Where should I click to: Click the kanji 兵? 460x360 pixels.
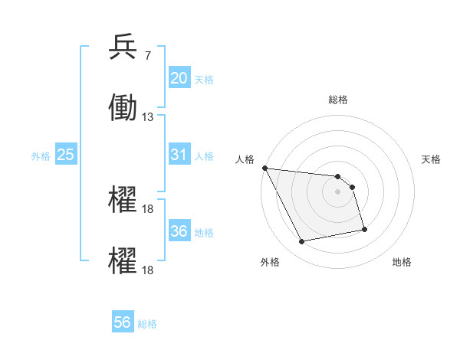123,48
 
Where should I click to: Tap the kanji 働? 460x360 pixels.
123,107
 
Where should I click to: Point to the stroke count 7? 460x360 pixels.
147,56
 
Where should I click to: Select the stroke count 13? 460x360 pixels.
147,117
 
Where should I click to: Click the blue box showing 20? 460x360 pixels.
179,78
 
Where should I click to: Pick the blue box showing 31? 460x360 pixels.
179,155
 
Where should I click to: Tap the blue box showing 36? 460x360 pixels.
179,231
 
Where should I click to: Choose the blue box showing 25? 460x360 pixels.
65,155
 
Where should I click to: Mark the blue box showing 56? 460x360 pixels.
123,322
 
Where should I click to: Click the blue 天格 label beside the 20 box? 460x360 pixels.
204,80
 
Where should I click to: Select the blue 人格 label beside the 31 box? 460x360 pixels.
204,156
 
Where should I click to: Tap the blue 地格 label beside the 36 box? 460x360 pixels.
204,233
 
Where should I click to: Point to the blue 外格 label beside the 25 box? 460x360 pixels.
41,156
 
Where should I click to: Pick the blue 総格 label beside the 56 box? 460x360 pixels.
147,324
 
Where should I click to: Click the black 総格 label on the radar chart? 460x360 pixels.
338,100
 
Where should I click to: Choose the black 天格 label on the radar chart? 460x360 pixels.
432,159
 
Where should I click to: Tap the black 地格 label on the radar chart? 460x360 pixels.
402,262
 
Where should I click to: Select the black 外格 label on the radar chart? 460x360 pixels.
270,262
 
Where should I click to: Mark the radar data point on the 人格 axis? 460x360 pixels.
264,168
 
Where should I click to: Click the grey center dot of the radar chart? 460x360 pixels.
338,191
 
